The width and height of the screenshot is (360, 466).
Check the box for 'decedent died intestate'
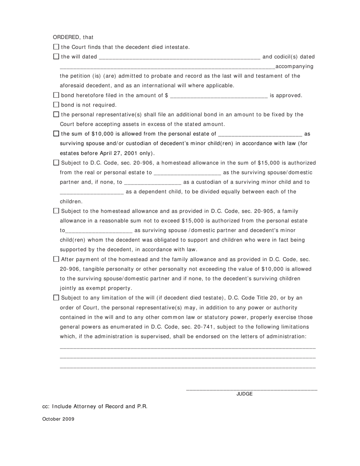pos(56,47)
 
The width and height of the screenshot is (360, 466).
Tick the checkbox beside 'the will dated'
pos(56,56)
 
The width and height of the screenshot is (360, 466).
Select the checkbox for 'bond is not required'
pos(56,105)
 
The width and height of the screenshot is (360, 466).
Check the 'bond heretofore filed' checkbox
pos(56,95)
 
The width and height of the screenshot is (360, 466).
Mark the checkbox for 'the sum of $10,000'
pos(56,133)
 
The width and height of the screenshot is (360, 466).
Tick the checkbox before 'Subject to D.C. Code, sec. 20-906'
pos(56,163)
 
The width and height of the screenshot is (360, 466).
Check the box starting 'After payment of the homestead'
pos(56,259)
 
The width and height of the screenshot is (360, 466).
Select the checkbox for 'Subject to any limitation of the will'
pos(56,298)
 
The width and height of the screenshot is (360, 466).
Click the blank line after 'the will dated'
pos(179,58)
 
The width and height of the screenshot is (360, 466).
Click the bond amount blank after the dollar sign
pos(219,96)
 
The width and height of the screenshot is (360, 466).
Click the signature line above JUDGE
pos(252,389)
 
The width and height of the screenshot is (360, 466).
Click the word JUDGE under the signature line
pos(244,394)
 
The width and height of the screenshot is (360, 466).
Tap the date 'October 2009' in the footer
pos(58,419)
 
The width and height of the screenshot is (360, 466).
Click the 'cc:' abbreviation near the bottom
pos(46,407)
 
